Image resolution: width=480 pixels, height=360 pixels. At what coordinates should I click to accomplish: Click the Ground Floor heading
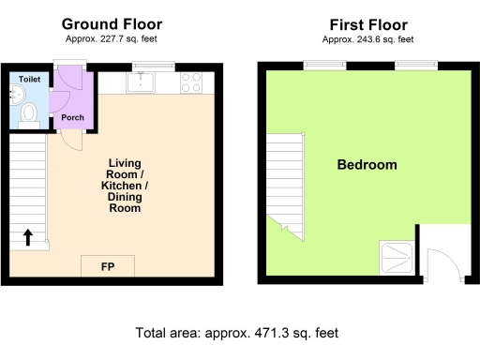coord(112,23)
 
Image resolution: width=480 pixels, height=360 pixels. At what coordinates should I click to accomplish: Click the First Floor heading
coord(362,23)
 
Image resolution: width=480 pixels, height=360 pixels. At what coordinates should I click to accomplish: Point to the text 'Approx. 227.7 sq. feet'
coord(112,39)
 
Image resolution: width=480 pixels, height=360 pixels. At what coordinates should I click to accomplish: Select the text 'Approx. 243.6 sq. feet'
coord(362,39)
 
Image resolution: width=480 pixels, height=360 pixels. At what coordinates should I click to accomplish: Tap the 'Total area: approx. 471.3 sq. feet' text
coord(236,333)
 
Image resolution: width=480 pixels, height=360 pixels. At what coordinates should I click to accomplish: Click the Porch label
coord(72,117)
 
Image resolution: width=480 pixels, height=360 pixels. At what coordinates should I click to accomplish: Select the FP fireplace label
coord(108,267)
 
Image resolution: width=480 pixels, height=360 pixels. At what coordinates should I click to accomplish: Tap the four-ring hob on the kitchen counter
coord(190,83)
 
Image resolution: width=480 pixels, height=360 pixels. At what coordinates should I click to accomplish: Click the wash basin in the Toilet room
coord(18,94)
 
